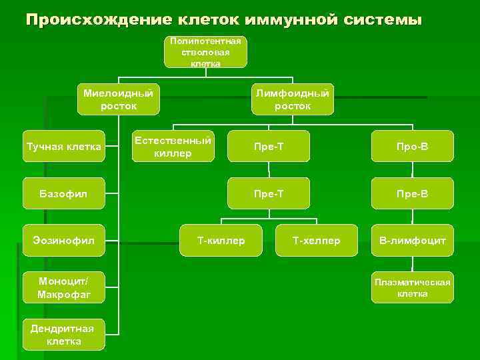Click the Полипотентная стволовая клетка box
pos(205,52)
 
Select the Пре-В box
pos(412,194)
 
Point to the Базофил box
pos(64,194)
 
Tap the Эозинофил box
pos(64,240)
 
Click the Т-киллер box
pos(221,240)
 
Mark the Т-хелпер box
pos(317,240)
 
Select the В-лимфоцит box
pos(412,240)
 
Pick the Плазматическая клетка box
pos(412,288)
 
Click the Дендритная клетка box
pos(64,335)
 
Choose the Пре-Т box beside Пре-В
pos(268,194)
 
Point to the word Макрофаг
pos(64,295)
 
